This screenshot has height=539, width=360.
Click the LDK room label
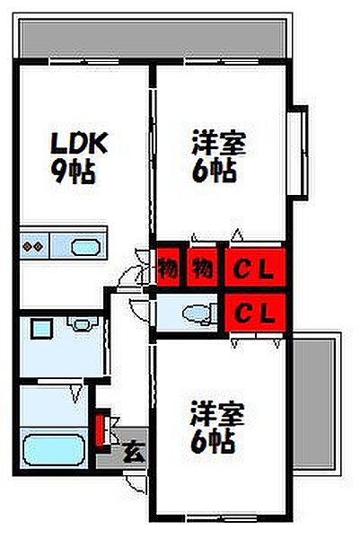79,143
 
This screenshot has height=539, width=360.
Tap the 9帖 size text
74,172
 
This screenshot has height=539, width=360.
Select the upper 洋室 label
218,142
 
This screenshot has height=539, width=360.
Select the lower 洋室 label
217,413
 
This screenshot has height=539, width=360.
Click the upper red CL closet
255,267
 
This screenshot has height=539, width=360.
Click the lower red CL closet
255,313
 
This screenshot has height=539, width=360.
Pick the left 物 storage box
168,268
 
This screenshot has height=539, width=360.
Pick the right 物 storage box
202,268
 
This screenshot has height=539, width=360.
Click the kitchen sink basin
85,247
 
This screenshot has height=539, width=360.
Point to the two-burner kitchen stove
33,246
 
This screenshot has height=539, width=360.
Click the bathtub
54,450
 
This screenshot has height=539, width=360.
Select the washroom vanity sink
82,323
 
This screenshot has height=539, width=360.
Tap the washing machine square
41,329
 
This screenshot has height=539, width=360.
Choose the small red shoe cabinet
100,429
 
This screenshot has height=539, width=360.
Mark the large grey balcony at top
153,39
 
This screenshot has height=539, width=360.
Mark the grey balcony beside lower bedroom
313,403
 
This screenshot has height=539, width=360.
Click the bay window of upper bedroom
297,153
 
